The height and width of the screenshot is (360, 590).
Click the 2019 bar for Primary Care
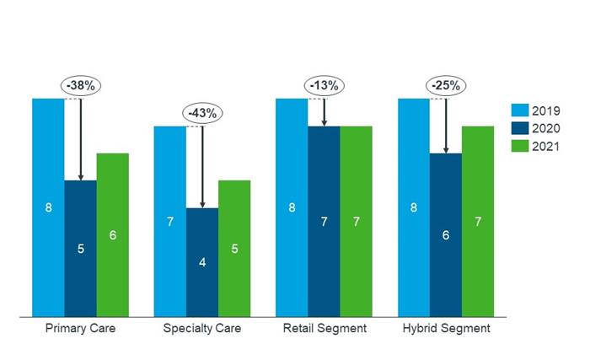[48, 207]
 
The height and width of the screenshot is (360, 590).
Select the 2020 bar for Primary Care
[80, 249]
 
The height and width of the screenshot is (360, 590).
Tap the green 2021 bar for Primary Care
[112, 235]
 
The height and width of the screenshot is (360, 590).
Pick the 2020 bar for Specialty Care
[202, 262]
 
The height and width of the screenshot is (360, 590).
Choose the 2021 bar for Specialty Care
[234, 249]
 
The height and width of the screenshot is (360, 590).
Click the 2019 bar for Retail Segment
[291, 207]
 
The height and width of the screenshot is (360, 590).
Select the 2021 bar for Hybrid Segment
[478, 222]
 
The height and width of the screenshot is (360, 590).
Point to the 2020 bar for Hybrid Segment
[446, 235]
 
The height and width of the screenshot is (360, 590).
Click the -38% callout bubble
[80, 84]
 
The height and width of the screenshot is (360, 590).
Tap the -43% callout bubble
[202, 112]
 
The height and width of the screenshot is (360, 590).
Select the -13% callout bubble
[324, 84]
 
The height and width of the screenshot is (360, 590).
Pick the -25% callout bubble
[446, 84]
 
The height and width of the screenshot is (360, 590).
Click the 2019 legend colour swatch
[519, 110]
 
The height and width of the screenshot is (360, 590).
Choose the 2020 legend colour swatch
[519, 128]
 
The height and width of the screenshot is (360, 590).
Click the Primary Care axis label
[80, 328]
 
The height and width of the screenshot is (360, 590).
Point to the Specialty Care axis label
[202, 328]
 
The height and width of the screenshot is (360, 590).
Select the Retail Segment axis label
[324, 328]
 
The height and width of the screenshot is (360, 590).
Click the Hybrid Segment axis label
[446, 328]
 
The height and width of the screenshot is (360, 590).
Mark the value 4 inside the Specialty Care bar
[202, 262]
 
